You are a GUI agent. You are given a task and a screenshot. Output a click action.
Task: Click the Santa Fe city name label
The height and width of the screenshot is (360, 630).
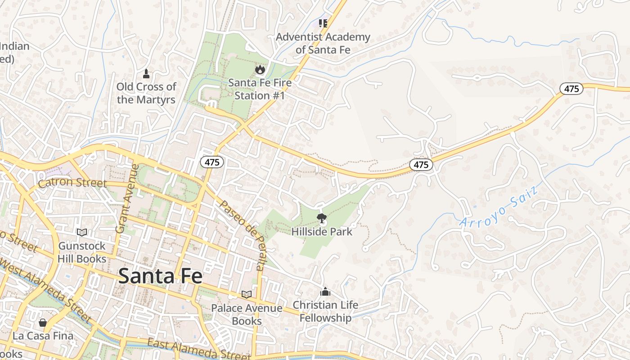160,276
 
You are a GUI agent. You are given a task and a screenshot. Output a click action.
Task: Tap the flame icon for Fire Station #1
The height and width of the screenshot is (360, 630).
260,69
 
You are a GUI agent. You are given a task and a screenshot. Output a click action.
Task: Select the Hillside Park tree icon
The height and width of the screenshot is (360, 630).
321,219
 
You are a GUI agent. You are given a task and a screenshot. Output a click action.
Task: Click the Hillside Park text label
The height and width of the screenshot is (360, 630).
322,232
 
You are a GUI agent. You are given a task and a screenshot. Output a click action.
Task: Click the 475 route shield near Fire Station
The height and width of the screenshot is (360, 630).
212,162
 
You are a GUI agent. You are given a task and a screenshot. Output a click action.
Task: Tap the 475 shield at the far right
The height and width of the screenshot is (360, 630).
571,89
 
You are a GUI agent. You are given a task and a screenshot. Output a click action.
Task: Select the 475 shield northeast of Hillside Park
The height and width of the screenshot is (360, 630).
421,165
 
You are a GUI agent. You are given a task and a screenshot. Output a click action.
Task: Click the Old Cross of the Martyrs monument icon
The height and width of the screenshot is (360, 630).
146,73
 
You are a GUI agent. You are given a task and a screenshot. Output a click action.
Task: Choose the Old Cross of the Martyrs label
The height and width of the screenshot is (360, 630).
146,93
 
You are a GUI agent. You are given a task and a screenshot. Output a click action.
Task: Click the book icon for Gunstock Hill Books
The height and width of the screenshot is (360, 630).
81,232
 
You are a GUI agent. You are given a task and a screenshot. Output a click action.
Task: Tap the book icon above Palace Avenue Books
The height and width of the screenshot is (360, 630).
247,294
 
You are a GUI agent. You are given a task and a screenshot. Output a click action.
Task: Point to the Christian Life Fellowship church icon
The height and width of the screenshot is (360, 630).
325,292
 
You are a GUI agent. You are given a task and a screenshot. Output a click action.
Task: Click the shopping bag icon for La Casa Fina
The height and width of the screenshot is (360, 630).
43,322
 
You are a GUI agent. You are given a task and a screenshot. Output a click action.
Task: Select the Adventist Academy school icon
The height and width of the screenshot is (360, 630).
323,23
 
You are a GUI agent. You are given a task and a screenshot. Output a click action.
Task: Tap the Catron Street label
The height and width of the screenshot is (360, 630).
72,183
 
